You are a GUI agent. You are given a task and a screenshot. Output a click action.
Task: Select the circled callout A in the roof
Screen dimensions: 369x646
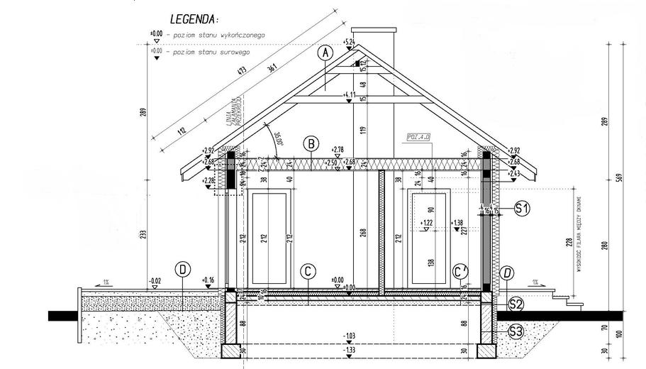pos(325,53)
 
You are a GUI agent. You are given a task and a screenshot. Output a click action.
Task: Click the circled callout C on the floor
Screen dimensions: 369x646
pos(308,270)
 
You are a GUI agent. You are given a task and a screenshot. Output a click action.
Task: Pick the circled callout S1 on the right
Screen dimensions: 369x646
pos(522,209)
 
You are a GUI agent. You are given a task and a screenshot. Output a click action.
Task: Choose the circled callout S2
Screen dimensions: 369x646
pos(516,305)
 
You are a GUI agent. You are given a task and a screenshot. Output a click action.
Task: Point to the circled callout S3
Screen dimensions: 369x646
pos(516,330)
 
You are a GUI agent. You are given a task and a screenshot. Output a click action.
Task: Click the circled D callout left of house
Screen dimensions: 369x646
pos(183,270)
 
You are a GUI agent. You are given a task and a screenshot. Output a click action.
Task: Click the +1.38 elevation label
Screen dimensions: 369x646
pos(457,222)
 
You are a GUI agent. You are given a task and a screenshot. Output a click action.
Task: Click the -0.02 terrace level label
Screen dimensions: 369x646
pos(157,281)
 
